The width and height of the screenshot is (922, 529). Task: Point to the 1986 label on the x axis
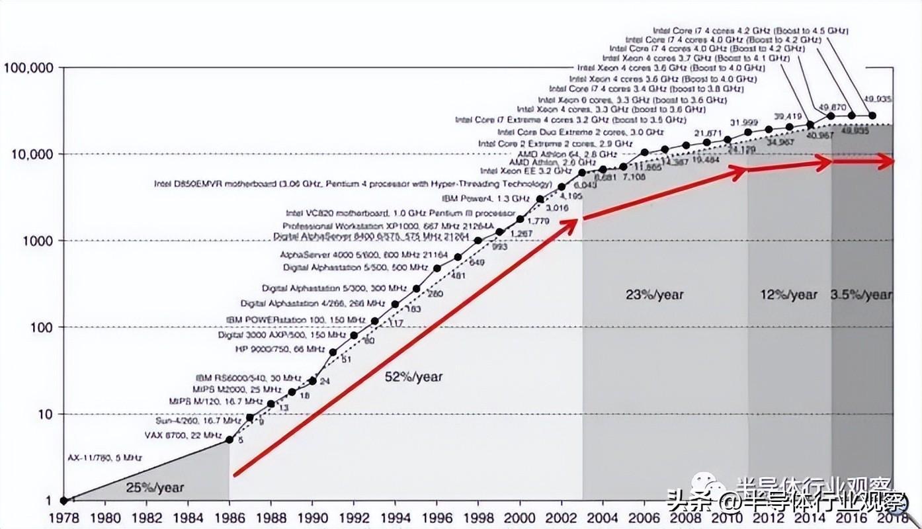point(229,519)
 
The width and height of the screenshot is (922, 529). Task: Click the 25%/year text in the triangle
point(154,488)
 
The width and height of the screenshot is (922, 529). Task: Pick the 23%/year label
point(654,294)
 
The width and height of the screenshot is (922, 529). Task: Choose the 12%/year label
point(788,294)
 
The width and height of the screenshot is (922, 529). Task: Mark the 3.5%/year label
point(861,294)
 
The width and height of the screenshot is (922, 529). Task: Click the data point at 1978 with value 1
point(64,501)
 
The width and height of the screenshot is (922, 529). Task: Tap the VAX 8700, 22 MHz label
point(183,435)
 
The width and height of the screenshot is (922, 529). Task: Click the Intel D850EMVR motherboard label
point(352,183)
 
